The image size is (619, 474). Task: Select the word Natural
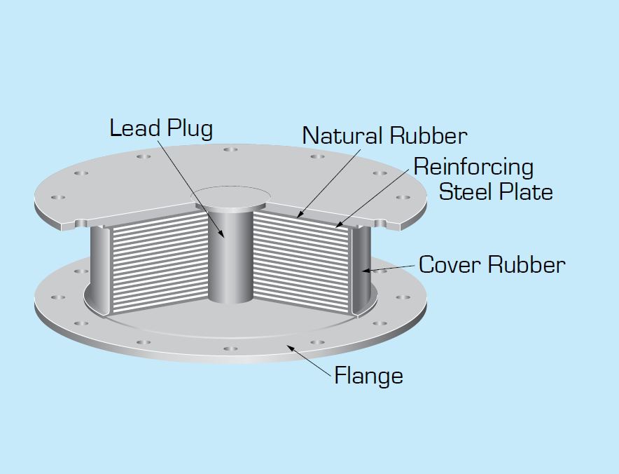click(342, 135)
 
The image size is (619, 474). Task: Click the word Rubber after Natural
click(429, 135)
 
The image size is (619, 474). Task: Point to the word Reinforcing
click(474, 168)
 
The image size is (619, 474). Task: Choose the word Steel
click(465, 191)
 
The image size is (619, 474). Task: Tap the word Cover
click(450, 264)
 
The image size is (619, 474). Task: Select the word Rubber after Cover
click(527, 264)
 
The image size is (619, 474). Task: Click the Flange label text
click(369, 375)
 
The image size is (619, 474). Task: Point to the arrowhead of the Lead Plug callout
click(222, 235)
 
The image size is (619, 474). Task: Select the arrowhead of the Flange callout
click(289, 348)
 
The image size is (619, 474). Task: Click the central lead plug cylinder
click(230, 256)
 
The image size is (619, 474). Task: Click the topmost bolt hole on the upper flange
click(230, 149)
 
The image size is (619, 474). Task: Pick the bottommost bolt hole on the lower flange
click(230, 348)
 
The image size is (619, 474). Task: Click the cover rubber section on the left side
click(98, 269)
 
